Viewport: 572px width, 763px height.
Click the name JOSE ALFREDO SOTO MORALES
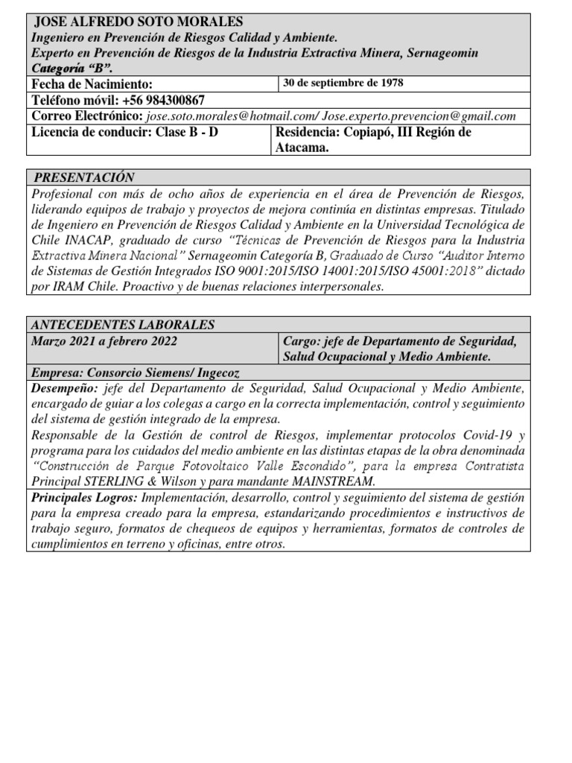139,22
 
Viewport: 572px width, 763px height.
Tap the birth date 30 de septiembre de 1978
343,83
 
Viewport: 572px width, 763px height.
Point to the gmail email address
419,116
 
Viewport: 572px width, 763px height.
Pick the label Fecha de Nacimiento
92,84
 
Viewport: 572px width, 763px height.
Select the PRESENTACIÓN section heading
84,177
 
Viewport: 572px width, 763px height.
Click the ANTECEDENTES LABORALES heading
123,325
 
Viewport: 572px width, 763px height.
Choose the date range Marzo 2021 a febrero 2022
104,341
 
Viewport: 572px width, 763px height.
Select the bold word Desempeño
64,389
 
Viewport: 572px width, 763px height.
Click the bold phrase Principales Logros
83,497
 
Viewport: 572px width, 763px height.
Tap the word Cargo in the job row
300,341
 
